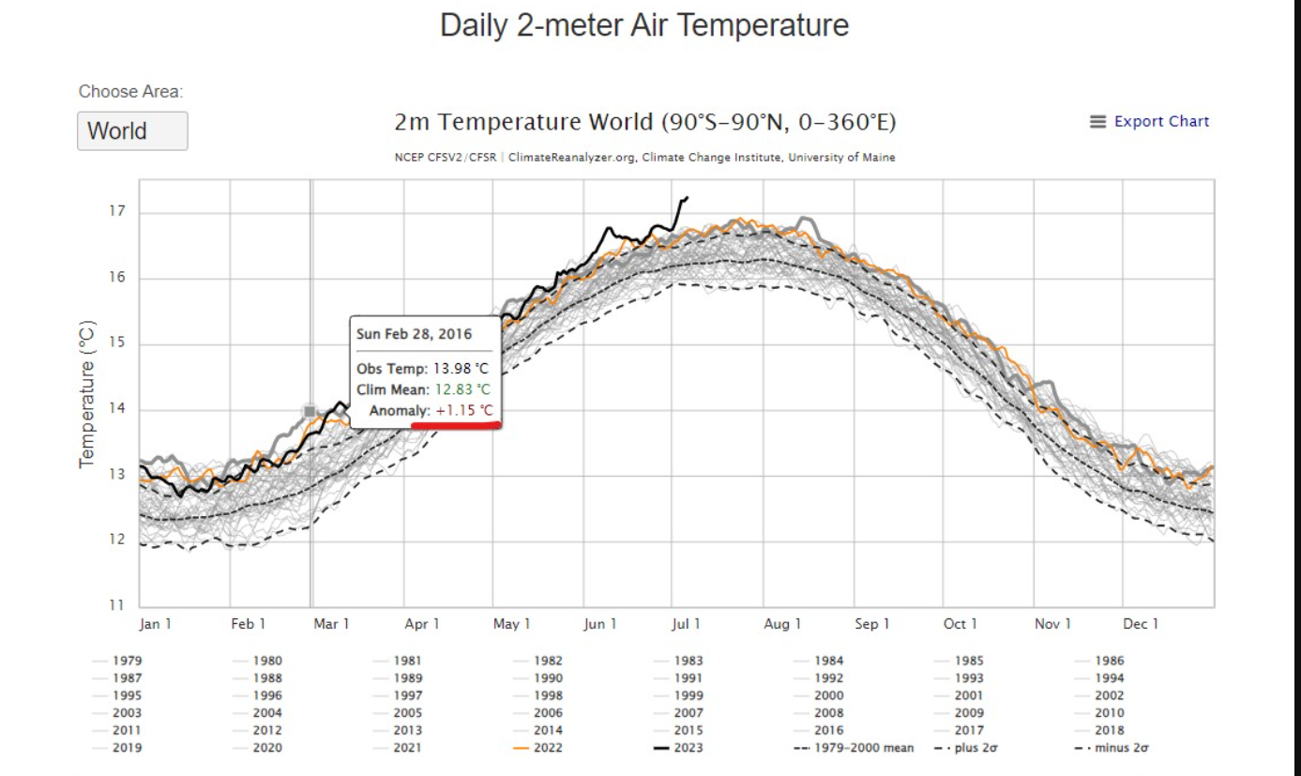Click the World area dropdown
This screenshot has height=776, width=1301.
coord(132,131)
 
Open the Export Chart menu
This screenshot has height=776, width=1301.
coord(1150,122)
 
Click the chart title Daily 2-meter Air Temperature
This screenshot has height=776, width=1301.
coord(644,25)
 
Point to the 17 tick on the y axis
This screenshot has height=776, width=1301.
coord(117,212)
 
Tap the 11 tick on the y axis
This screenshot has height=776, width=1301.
coord(117,605)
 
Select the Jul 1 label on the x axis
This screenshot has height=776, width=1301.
coord(686,624)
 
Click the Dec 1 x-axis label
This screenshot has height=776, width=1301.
coord(1141,624)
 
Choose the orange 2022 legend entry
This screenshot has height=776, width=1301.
coord(548,748)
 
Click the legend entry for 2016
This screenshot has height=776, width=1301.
coord(828,730)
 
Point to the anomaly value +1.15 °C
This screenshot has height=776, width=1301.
coord(463,411)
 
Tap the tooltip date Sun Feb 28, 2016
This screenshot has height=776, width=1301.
coord(414,334)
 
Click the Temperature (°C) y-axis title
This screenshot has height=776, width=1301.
coord(87,394)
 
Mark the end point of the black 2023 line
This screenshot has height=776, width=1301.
coord(688,197)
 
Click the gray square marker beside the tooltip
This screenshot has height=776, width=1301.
coord(310,411)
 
